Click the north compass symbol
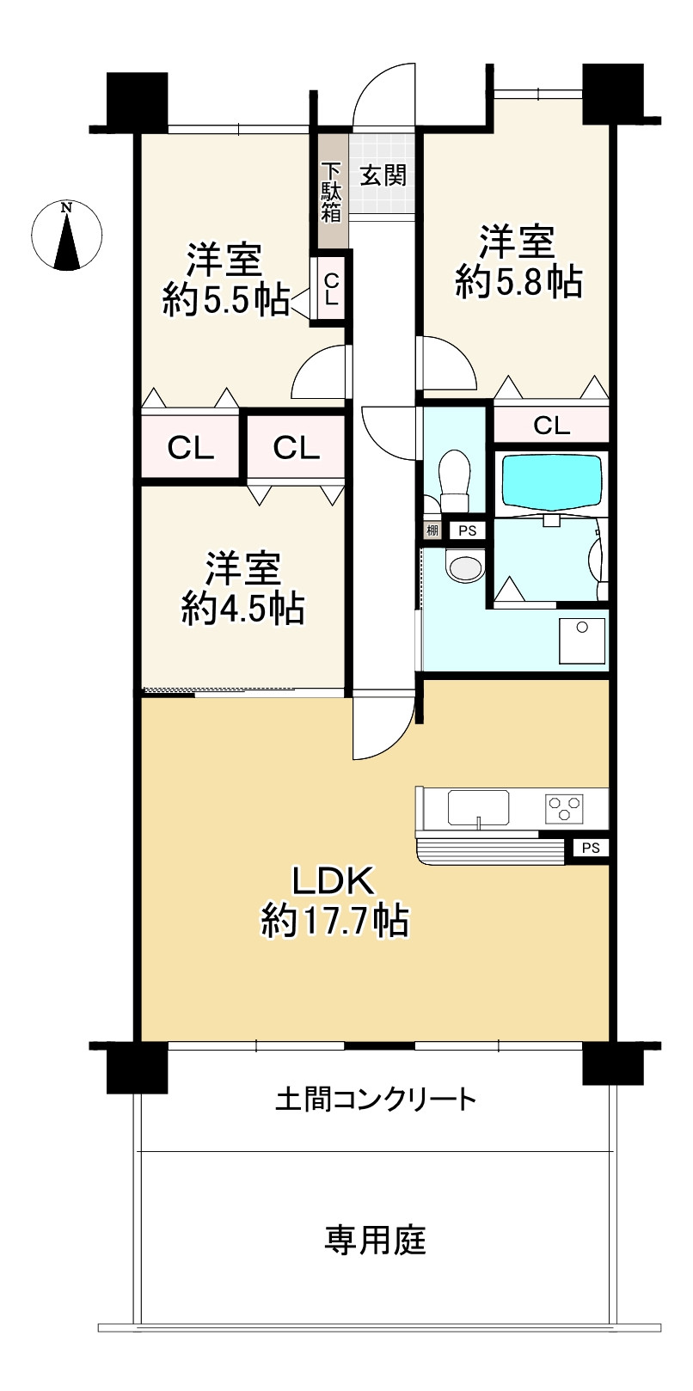66,236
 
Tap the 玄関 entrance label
383,175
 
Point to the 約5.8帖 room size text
518,281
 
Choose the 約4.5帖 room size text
242,609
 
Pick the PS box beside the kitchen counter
590,849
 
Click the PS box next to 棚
467,530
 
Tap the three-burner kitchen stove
564,808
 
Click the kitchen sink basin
477,808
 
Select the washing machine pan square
582,640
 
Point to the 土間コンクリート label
375,1099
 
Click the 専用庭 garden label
375,1240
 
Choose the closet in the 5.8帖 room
551,425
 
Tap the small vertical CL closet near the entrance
331,290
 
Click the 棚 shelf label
432,530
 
